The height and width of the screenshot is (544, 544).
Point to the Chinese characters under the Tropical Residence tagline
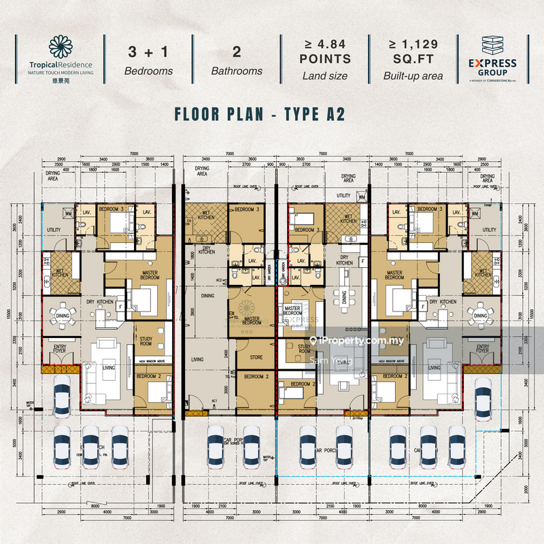61,79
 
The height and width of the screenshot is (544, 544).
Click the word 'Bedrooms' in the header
149,71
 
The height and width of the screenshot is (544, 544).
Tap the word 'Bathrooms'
236,71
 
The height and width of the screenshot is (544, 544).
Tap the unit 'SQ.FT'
413,60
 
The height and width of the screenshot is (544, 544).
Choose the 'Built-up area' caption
413,76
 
